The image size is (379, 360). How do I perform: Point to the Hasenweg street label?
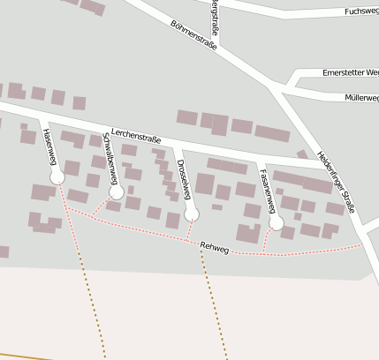click(x=49, y=147)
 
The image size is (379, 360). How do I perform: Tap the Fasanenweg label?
click(x=267, y=188)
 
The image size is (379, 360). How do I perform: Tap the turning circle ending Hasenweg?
click(x=57, y=177)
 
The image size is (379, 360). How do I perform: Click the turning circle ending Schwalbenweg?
click(x=116, y=191)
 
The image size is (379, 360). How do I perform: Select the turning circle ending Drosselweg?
click(x=192, y=214)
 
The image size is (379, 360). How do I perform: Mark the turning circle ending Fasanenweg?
click(x=277, y=224)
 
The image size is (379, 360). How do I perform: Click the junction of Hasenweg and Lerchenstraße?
click(x=42, y=116)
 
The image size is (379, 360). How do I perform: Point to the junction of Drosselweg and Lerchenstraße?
click(x=175, y=142)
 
